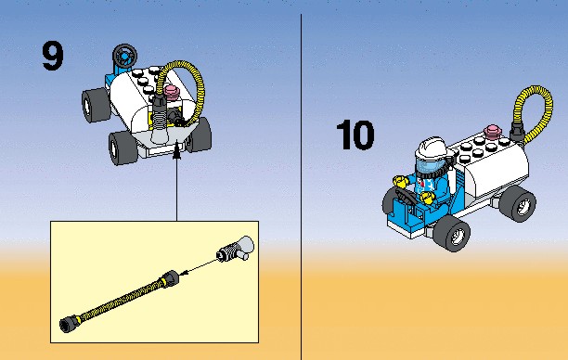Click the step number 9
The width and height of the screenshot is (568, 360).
click(53, 56)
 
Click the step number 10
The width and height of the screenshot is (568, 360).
click(355, 135)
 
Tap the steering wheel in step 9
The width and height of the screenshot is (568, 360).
click(124, 55)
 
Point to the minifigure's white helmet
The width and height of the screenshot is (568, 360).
click(433, 148)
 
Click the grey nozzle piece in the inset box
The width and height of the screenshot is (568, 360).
click(236, 249)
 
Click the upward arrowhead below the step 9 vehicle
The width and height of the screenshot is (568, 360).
click(176, 152)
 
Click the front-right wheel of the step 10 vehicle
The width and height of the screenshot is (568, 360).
click(452, 232)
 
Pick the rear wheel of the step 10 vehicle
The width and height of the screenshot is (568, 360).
click(518, 203)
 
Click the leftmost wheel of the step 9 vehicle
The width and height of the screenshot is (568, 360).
click(96, 105)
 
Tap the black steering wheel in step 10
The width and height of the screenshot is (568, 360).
click(407, 196)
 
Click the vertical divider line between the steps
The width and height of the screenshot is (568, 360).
click(301, 186)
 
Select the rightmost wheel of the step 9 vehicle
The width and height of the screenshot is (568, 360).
click(200, 134)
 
